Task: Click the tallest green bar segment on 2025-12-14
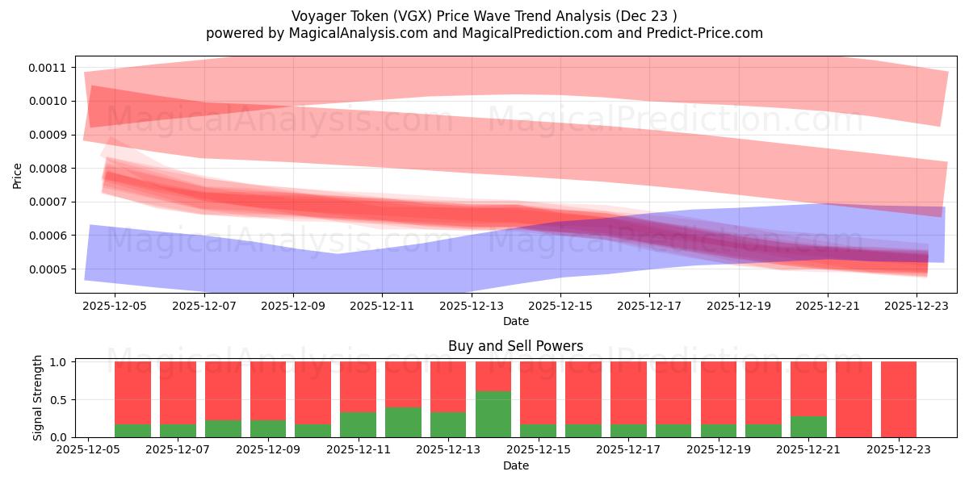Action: [493, 414]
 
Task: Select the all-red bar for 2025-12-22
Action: [854, 399]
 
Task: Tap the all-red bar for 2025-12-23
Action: [899, 399]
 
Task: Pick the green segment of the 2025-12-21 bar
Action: [808, 427]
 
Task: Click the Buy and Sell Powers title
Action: [515, 346]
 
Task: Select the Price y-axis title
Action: [18, 174]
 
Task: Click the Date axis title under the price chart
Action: [515, 321]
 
